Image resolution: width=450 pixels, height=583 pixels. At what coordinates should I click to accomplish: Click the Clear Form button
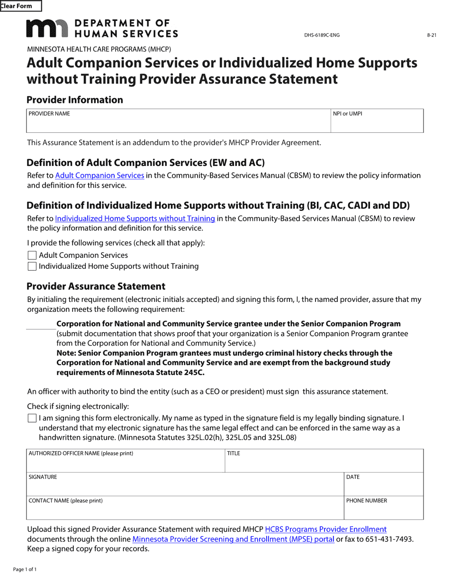20,6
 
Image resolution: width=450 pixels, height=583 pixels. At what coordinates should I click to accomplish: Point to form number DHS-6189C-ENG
322,35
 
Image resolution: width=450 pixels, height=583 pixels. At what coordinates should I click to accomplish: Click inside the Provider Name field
178,124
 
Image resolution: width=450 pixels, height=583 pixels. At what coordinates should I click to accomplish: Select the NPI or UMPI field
377,124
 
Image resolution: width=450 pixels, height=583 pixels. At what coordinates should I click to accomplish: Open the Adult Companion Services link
99,175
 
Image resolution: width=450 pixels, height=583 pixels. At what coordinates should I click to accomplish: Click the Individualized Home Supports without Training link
135,219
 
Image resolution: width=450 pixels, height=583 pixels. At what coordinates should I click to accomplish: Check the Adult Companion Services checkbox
32,255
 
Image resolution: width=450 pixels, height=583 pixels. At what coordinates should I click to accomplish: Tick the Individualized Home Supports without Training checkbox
32,266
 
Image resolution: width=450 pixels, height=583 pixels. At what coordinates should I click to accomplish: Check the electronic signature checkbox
32,419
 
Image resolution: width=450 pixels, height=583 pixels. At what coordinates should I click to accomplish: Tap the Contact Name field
185,511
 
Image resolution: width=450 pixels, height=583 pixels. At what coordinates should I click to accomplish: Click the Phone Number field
383,511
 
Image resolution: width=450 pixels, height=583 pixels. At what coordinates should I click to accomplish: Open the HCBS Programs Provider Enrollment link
325,529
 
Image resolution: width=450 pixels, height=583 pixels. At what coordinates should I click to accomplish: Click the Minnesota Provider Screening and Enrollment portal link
233,539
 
